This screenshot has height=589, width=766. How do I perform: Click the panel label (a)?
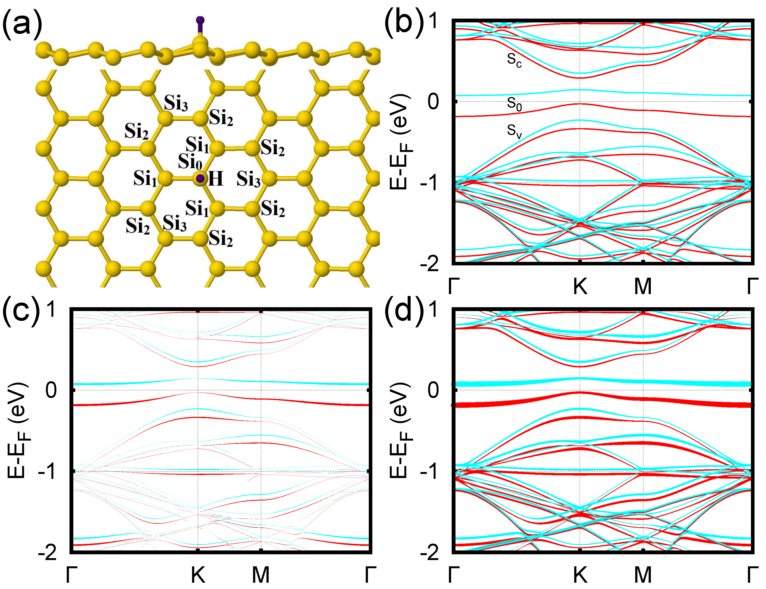tap(22, 24)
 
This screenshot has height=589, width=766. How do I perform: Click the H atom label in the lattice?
tap(215, 179)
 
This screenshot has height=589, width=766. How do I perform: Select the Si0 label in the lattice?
tap(190, 162)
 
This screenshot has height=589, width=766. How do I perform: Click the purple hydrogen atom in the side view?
tap(200, 20)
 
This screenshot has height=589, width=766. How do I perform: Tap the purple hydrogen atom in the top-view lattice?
tap(200, 179)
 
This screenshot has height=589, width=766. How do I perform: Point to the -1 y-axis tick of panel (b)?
tap(429, 183)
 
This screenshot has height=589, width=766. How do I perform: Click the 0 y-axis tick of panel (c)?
tap(51, 390)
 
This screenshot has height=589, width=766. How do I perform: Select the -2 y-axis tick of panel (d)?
tap(429, 553)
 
